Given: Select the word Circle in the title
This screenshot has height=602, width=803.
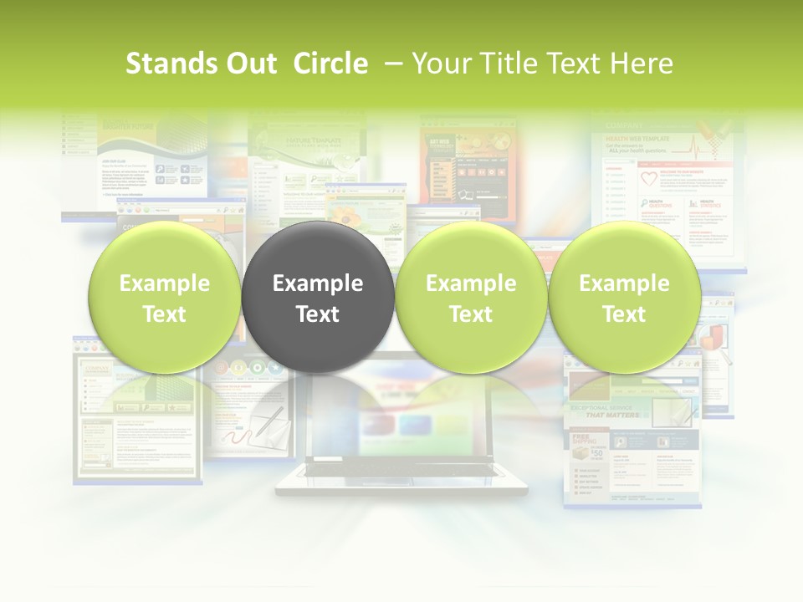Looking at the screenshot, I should coord(330,64).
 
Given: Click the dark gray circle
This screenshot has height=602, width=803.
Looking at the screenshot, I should coord(318,298).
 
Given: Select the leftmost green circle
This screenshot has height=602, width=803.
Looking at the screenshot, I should coord(164,298).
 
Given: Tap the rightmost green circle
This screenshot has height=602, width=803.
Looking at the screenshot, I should coord(624,298).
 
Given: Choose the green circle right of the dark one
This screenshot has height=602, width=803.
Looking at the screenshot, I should coord(471,298).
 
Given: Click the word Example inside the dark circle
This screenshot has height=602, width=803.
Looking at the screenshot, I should coord(318,283).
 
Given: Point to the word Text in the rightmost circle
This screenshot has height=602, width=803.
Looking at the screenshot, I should coord(624,314).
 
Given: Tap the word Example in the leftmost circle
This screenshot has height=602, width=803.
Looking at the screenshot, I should coord(164,283).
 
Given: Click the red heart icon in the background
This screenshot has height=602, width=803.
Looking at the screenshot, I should coord(649,180).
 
